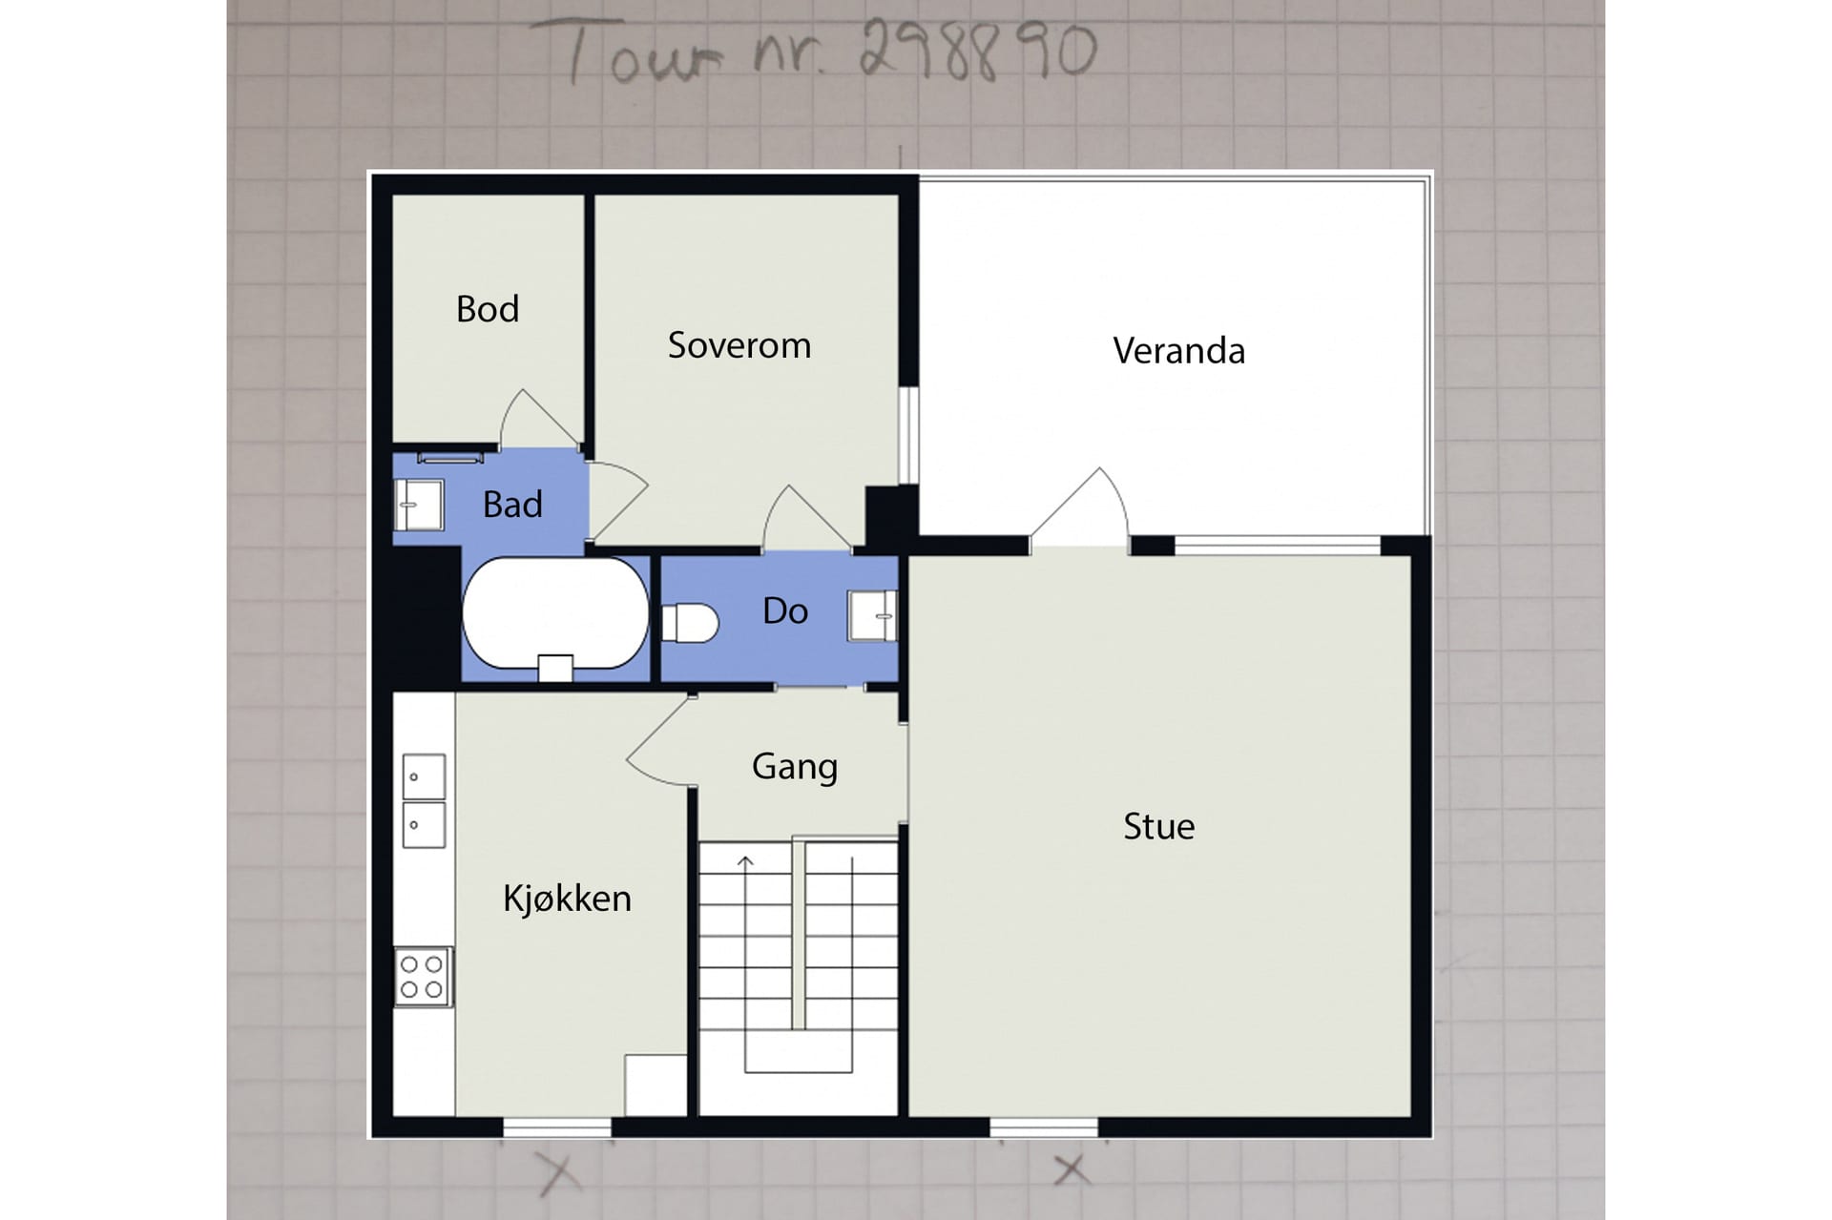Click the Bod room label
(x=488, y=309)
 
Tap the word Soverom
(x=739, y=345)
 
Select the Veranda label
(x=1178, y=351)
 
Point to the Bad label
(x=512, y=504)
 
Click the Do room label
(x=785, y=610)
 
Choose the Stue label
(x=1158, y=826)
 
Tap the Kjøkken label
(x=567, y=899)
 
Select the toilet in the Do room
(x=689, y=623)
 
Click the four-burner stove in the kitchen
(x=423, y=977)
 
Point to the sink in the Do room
(x=872, y=615)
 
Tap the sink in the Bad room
(x=419, y=505)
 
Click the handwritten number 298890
(x=978, y=50)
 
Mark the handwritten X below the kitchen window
(x=558, y=1173)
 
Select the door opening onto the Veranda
(x=1080, y=507)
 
